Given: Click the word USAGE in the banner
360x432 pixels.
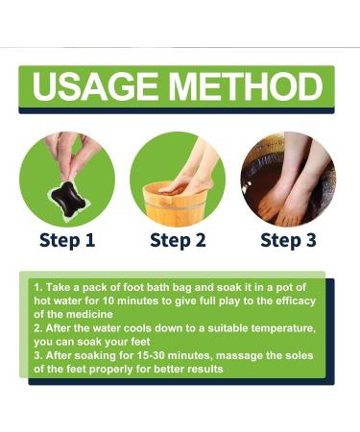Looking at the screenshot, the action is (x=95, y=86).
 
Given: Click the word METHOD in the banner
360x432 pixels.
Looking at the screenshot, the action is (x=246, y=86).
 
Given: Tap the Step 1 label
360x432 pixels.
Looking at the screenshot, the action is (x=67, y=240).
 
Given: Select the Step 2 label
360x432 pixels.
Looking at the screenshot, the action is (x=178, y=240).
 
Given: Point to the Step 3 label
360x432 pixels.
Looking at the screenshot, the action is (x=288, y=240).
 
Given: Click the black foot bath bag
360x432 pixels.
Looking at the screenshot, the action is (x=68, y=199).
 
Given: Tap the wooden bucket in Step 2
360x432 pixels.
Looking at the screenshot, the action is (x=175, y=204).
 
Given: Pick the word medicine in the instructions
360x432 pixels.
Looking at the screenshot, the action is (x=90, y=314).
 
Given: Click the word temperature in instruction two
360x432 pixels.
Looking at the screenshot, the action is (x=283, y=328).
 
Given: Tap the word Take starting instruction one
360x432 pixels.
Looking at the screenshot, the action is (x=59, y=287).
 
